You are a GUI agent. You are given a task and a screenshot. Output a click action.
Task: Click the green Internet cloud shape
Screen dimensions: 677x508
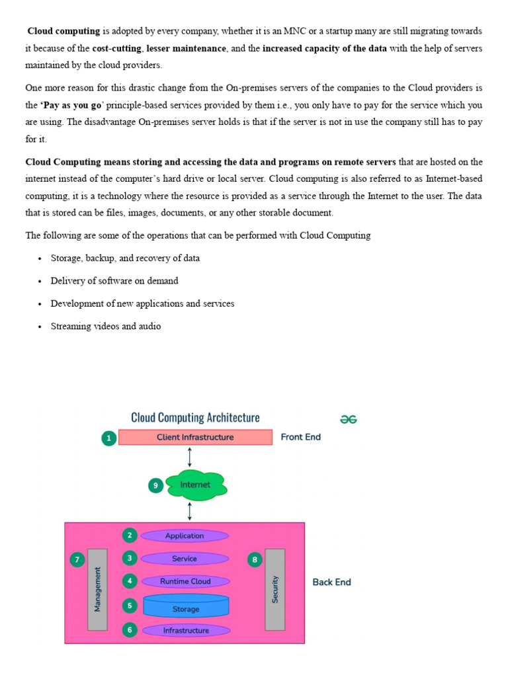pos(196,485)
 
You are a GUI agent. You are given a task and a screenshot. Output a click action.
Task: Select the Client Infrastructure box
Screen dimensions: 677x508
pos(195,437)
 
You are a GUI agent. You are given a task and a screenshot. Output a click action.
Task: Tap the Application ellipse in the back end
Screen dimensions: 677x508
pos(185,536)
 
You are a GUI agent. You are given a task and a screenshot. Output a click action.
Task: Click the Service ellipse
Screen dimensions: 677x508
pos(185,559)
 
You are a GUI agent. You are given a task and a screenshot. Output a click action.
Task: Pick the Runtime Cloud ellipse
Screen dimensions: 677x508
pos(185,581)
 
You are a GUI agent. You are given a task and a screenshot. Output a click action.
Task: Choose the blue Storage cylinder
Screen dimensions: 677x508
pos(185,606)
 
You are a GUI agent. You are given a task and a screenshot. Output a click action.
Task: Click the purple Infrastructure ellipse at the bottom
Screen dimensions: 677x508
pos(186,631)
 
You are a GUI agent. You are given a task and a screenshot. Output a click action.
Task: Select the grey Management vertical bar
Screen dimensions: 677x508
pos(97,589)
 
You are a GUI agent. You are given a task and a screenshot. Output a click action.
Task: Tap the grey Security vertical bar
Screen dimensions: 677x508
pos(275,589)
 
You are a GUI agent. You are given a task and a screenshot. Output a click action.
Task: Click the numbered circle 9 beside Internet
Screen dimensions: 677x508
pos(155,485)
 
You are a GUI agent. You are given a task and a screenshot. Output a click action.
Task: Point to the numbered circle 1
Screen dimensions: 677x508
pos(108,438)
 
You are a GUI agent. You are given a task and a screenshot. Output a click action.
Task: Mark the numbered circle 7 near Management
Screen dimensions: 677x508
pos(77,560)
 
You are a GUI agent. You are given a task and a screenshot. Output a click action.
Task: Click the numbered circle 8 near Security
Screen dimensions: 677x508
pos(255,560)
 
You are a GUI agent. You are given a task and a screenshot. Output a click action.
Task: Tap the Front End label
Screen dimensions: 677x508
pos(301,437)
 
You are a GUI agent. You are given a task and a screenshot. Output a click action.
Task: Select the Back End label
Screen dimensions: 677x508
pos(331,582)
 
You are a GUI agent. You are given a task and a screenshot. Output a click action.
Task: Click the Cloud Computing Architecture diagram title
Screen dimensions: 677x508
pos(195,418)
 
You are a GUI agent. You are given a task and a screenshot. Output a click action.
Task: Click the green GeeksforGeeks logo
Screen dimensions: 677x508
pos(349,419)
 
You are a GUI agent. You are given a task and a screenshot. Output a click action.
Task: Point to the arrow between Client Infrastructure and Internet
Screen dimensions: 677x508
pos(190,457)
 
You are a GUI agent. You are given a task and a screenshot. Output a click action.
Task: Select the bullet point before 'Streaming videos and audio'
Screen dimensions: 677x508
pos(40,327)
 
